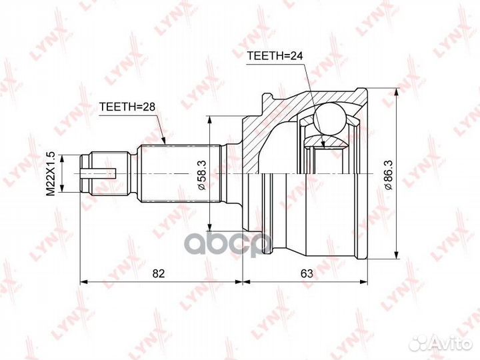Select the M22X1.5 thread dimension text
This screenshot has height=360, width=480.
coord(50,173)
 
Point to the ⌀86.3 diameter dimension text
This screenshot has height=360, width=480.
coord(389,175)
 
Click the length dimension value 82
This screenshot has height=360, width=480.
coord(159,273)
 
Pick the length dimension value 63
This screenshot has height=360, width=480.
coord(307,273)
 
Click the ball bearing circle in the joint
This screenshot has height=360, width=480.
coord(329,119)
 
